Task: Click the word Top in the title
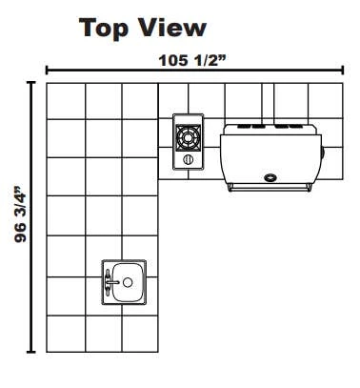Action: [104, 29]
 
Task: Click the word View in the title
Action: [171, 28]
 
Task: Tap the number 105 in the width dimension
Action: [173, 60]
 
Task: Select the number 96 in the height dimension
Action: [21, 233]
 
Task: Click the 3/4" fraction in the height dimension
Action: [21, 203]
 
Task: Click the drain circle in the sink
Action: [128, 282]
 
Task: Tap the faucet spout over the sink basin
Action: [113, 282]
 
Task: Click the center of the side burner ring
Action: [189, 137]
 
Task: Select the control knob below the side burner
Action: [189, 159]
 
